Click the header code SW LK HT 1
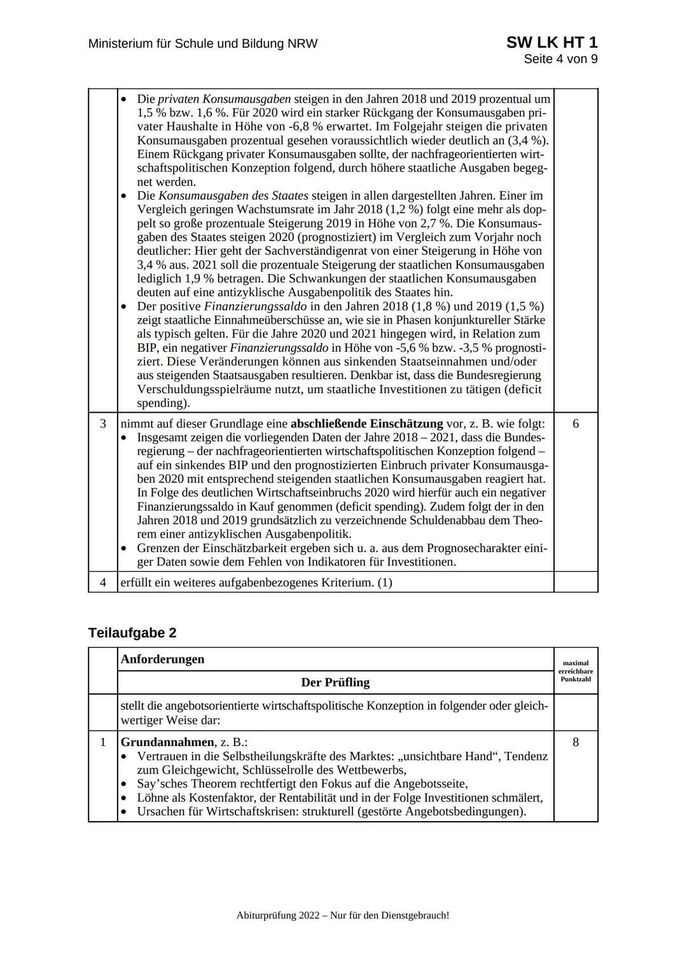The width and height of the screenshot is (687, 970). [552, 43]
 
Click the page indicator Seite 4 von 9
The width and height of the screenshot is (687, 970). [560, 59]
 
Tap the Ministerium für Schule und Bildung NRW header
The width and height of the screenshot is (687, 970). [203, 44]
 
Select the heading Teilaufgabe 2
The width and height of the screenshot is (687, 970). [132, 633]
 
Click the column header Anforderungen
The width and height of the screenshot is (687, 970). [162, 659]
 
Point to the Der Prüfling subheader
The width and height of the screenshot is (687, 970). [335, 682]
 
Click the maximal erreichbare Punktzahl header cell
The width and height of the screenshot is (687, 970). [576, 670]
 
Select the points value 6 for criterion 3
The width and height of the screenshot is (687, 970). [576, 424]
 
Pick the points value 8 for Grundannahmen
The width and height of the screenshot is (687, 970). [576, 742]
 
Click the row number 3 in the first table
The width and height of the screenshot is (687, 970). [103, 424]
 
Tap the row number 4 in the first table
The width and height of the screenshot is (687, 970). [103, 582]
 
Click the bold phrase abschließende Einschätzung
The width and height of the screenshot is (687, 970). [366, 424]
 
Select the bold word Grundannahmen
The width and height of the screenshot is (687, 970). [167, 742]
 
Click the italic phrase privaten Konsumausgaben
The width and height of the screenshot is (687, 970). [224, 99]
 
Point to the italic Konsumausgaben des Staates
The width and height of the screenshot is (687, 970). [233, 196]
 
